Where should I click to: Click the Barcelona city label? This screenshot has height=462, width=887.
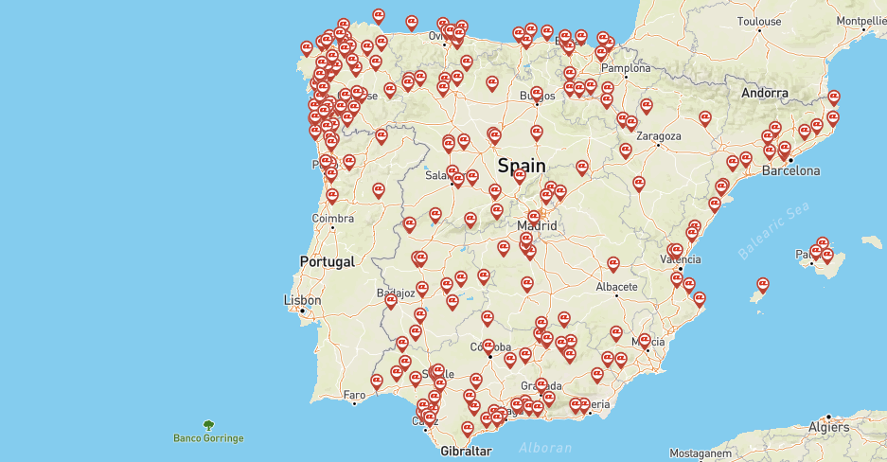(x=790, y=171)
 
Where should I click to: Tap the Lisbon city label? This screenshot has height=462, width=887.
(x=303, y=300)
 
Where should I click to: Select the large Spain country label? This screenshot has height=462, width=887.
(x=522, y=166)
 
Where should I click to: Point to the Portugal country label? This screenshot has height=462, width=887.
(x=327, y=261)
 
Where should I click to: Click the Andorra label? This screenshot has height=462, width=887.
(x=765, y=93)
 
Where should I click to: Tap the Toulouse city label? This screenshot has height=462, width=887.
(x=760, y=21)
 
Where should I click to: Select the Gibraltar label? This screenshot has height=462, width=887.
(x=467, y=452)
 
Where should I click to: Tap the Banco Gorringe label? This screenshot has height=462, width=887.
(x=208, y=438)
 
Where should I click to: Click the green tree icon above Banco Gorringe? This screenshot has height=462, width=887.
(x=208, y=425)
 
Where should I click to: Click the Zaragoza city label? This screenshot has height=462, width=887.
(x=659, y=135)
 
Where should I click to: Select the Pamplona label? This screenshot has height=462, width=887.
(x=627, y=68)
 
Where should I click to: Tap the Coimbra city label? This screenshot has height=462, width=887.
(x=332, y=219)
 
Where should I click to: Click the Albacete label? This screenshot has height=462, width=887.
(x=618, y=286)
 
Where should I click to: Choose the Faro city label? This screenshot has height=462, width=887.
(x=355, y=394)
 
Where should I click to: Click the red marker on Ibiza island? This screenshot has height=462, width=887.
(x=762, y=284)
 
